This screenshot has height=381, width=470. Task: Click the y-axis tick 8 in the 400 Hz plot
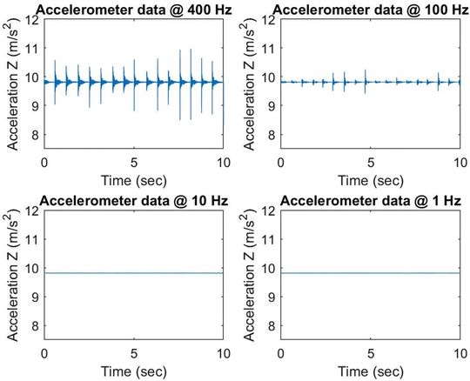(x=36, y=134)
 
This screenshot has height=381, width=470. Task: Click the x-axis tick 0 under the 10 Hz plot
(x=44, y=353)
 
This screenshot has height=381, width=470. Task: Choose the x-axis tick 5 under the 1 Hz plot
(x=370, y=353)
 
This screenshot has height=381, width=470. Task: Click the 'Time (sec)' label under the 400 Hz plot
(x=134, y=180)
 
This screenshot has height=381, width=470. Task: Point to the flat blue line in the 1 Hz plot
(x=370, y=273)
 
